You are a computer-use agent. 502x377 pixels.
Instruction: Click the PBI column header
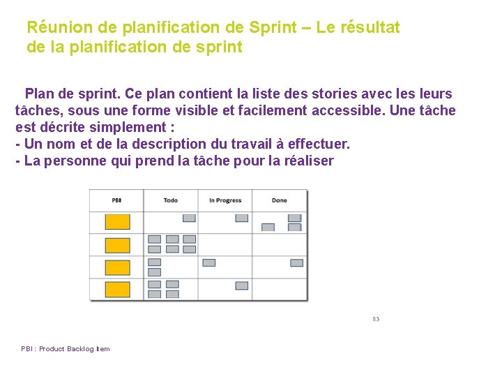point(116,200)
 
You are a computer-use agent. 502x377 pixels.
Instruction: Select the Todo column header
point(170,200)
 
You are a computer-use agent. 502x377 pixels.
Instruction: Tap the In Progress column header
point(225,200)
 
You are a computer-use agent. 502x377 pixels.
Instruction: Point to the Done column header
point(279,200)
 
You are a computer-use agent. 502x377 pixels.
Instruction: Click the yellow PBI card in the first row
point(117,222)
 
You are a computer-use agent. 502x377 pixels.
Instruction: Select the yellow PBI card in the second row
point(117,245)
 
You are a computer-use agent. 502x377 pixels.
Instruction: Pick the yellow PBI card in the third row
point(117,267)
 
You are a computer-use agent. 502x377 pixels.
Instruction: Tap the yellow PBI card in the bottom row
point(117,289)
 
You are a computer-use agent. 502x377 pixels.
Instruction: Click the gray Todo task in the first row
point(189,218)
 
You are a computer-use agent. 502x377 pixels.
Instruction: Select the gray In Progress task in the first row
point(241,218)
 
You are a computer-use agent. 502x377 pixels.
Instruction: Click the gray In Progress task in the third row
point(208,263)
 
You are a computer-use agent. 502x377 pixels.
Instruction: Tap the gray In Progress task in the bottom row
point(241,286)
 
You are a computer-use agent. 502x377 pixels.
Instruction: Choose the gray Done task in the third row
point(296,263)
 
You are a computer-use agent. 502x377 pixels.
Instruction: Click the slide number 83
point(376,319)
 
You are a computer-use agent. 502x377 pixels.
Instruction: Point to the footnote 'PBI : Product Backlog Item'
point(66,349)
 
